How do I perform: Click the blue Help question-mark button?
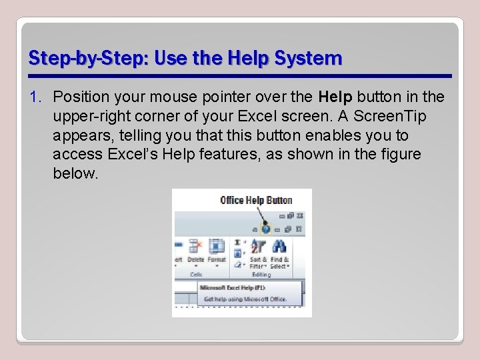(266, 228)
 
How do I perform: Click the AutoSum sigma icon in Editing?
(238, 244)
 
